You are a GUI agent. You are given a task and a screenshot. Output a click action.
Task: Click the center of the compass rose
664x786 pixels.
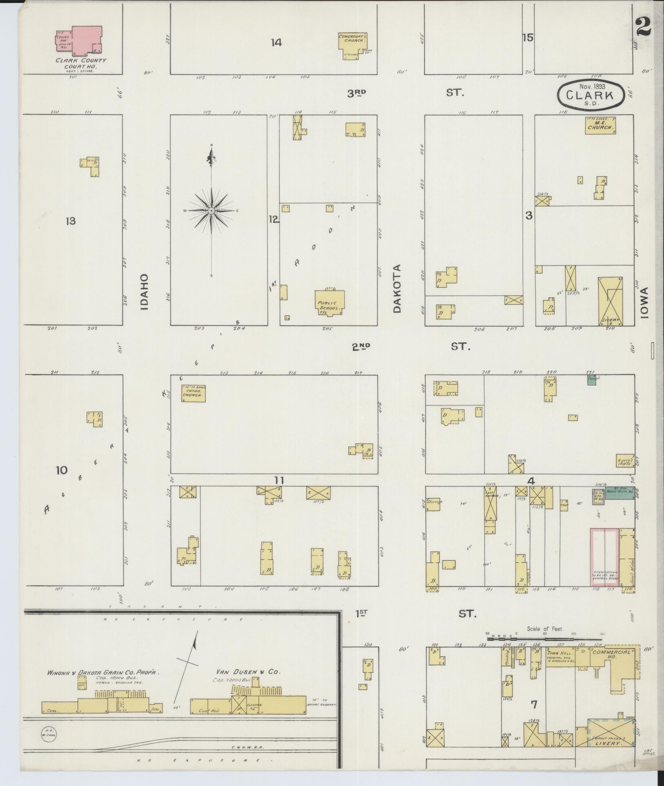211,210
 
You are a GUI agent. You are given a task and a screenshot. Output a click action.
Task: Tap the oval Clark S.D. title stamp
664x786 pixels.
591,95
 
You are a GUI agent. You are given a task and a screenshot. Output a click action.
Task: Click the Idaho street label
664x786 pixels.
144,292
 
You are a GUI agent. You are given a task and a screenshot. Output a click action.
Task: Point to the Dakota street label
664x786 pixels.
397,288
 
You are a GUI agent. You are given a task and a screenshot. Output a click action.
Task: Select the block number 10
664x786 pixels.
61,471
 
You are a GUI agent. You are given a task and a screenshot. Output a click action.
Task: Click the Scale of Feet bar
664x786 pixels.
544,634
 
